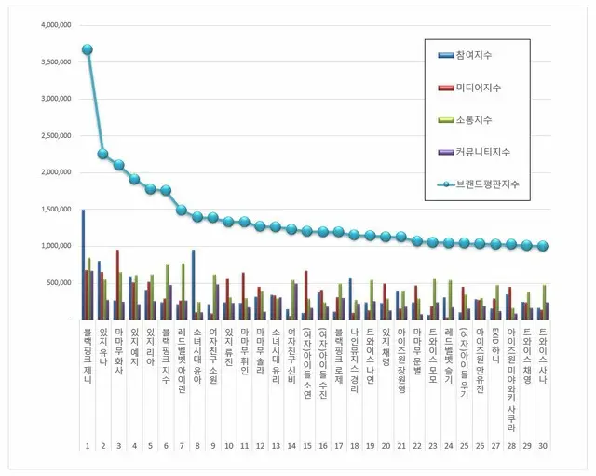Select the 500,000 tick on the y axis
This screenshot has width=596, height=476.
(57, 283)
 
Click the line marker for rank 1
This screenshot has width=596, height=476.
(87, 49)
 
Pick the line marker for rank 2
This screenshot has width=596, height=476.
(102, 154)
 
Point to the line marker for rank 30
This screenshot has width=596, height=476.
(543, 246)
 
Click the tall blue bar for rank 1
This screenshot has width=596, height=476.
(82, 265)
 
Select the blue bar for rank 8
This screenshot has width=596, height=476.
(193, 284)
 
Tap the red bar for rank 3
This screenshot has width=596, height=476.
(117, 284)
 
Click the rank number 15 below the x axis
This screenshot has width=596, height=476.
(306, 446)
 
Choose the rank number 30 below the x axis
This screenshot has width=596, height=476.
(543, 446)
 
